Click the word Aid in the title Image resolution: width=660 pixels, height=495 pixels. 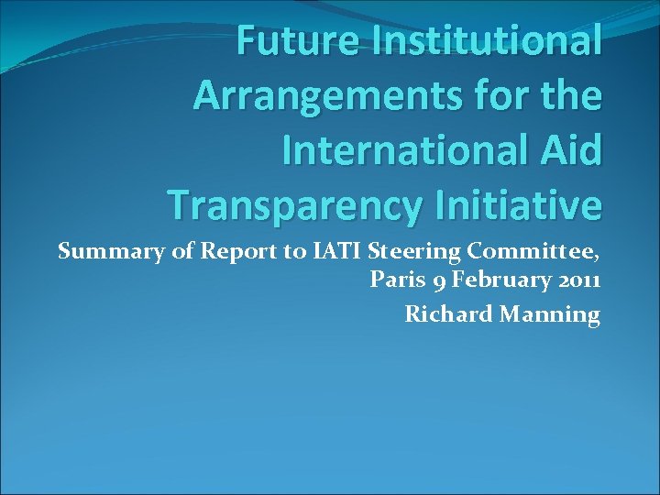pos(570,149)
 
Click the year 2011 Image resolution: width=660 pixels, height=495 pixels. pos(576,280)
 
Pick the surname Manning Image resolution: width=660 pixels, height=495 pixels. pos(549,315)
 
